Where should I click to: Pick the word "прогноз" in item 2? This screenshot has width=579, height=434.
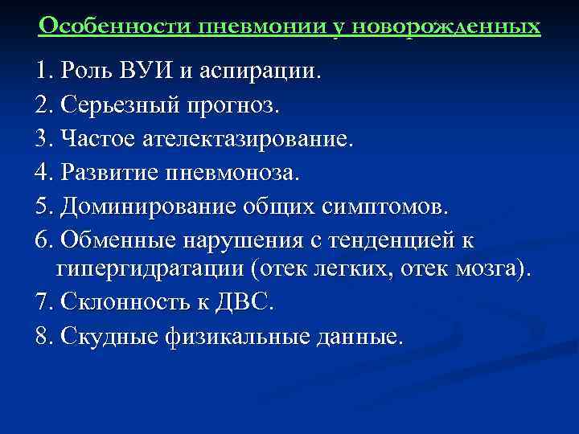(x=208, y=104)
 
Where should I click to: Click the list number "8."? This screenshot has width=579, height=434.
(x=45, y=337)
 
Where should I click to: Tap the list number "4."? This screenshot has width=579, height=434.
(x=45, y=172)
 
